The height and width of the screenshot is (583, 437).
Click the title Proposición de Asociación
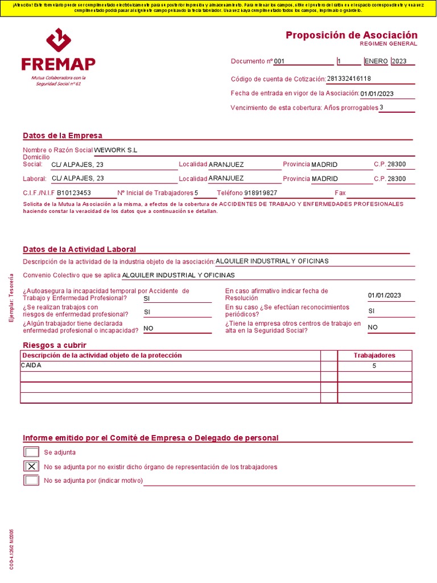[351, 35]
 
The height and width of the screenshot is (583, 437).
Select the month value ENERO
[376, 61]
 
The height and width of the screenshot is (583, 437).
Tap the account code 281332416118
[349, 79]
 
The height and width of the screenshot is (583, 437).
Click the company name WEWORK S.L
[116, 150]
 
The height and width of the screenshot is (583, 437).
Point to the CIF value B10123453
[74, 193]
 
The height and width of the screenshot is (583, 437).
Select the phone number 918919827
[261, 193]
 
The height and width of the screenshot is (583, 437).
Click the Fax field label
[340, 193]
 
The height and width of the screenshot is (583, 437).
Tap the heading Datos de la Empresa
[63, 136]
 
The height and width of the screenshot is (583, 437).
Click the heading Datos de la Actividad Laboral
[79, 249]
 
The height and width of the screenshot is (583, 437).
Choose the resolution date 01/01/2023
[385, 295]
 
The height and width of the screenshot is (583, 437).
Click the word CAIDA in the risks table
[31, 366]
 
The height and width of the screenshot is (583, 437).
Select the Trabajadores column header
[374, 355]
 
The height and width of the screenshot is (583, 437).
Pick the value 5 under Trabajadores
[374, 366]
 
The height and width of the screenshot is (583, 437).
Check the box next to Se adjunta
[31, 452]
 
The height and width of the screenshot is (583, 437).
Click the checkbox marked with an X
[31, 466]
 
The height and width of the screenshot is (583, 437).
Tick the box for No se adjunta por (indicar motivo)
[31, 480]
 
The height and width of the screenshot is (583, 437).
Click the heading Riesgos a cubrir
[55, 345]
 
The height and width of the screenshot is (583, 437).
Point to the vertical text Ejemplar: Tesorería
[10, 298]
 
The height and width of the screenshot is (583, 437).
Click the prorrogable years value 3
[381, 107]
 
